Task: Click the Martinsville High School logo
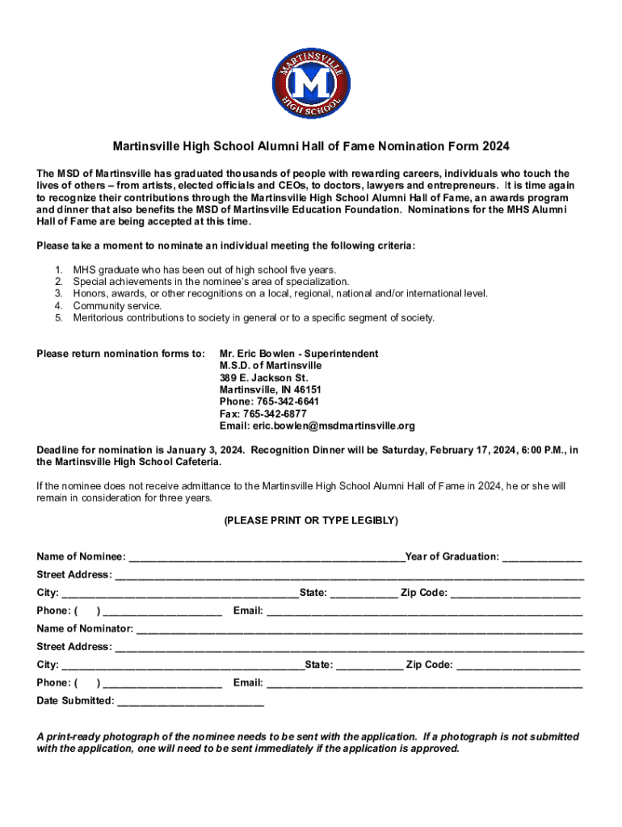[x=311, y=83]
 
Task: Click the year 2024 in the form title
[x=497, y=147]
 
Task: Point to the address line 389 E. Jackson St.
[x=263, y=378]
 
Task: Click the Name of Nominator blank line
[x=359, y=629]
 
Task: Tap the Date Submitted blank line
[x=191, y=701]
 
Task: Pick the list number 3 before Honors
[x=58, y=294]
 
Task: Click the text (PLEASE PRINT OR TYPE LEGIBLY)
[x=311, y=521]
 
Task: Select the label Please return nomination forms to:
[x=121, y=354]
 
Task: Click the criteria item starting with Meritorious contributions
[x=254, y=318]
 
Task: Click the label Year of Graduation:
[x=452, y=557]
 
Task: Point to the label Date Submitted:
[x=76, y=701]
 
